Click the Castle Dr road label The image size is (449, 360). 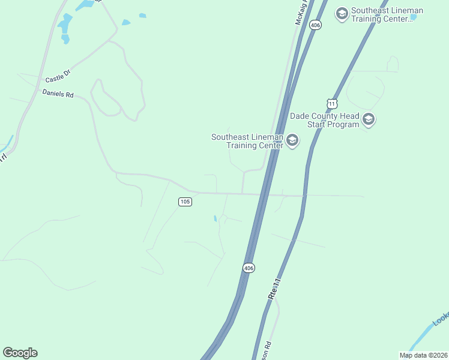58,76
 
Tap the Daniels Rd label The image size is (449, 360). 58,94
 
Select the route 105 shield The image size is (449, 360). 185,202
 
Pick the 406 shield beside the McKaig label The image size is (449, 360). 316,25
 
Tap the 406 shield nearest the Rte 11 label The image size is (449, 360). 249,267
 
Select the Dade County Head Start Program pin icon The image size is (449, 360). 369,120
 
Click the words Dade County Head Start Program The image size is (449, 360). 325,120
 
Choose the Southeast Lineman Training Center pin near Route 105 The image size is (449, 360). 292,141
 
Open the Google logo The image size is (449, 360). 20,353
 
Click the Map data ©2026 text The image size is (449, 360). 424,355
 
